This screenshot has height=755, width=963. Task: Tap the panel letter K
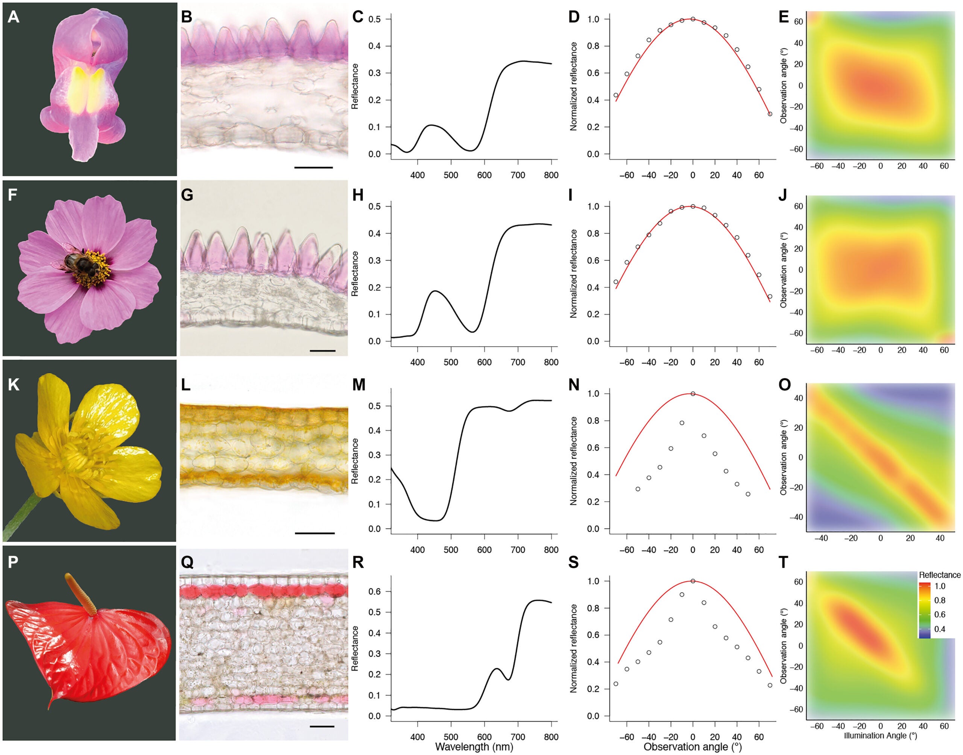[x=13, y=385]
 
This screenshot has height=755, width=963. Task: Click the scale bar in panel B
[x=313, y=168]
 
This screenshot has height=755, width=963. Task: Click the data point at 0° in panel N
[x=693, y=394]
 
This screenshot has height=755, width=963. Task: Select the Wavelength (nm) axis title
[x=474, y=747]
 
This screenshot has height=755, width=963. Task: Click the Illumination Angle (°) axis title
[x=880, y=735]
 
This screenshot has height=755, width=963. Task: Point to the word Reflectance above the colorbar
[x=939, y=575]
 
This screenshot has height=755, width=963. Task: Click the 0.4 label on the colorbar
[x=940, y=629]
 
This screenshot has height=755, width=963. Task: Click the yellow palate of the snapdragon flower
[x=86, y=91]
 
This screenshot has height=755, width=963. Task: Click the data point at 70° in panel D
[x=770, y=114]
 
